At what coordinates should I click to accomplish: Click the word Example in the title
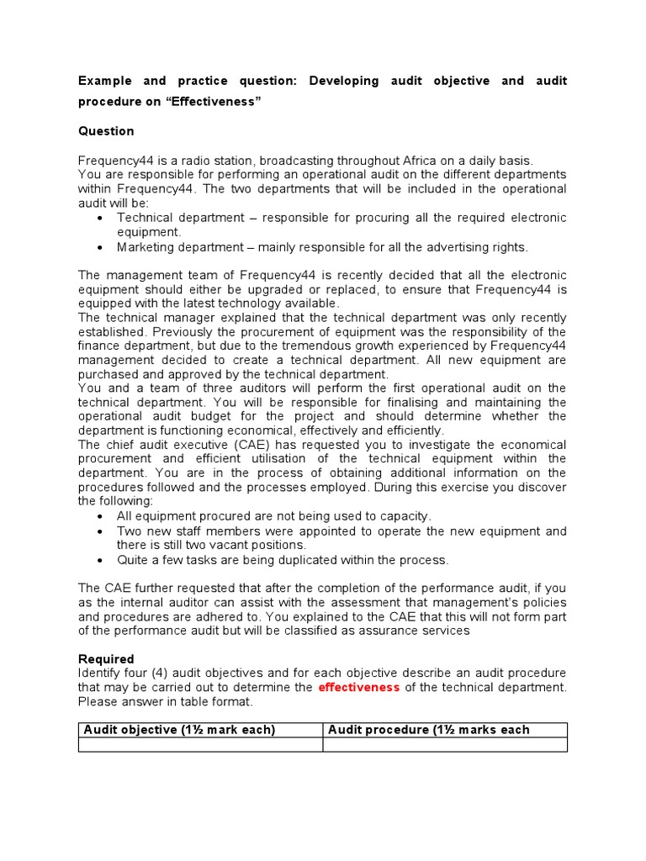click(106, 82)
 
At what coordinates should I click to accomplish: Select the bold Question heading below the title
click(106, 131)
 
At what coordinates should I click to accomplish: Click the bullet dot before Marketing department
click(101, 247)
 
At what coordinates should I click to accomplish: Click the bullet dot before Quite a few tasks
click(101, 560)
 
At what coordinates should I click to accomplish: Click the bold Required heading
click(106, 659)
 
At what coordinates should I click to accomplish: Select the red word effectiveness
click(358, 688)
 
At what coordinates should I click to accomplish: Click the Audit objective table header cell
click(200, 730)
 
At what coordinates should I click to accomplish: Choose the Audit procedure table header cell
click(445, 730)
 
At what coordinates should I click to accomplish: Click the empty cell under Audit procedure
click(445, 745)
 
